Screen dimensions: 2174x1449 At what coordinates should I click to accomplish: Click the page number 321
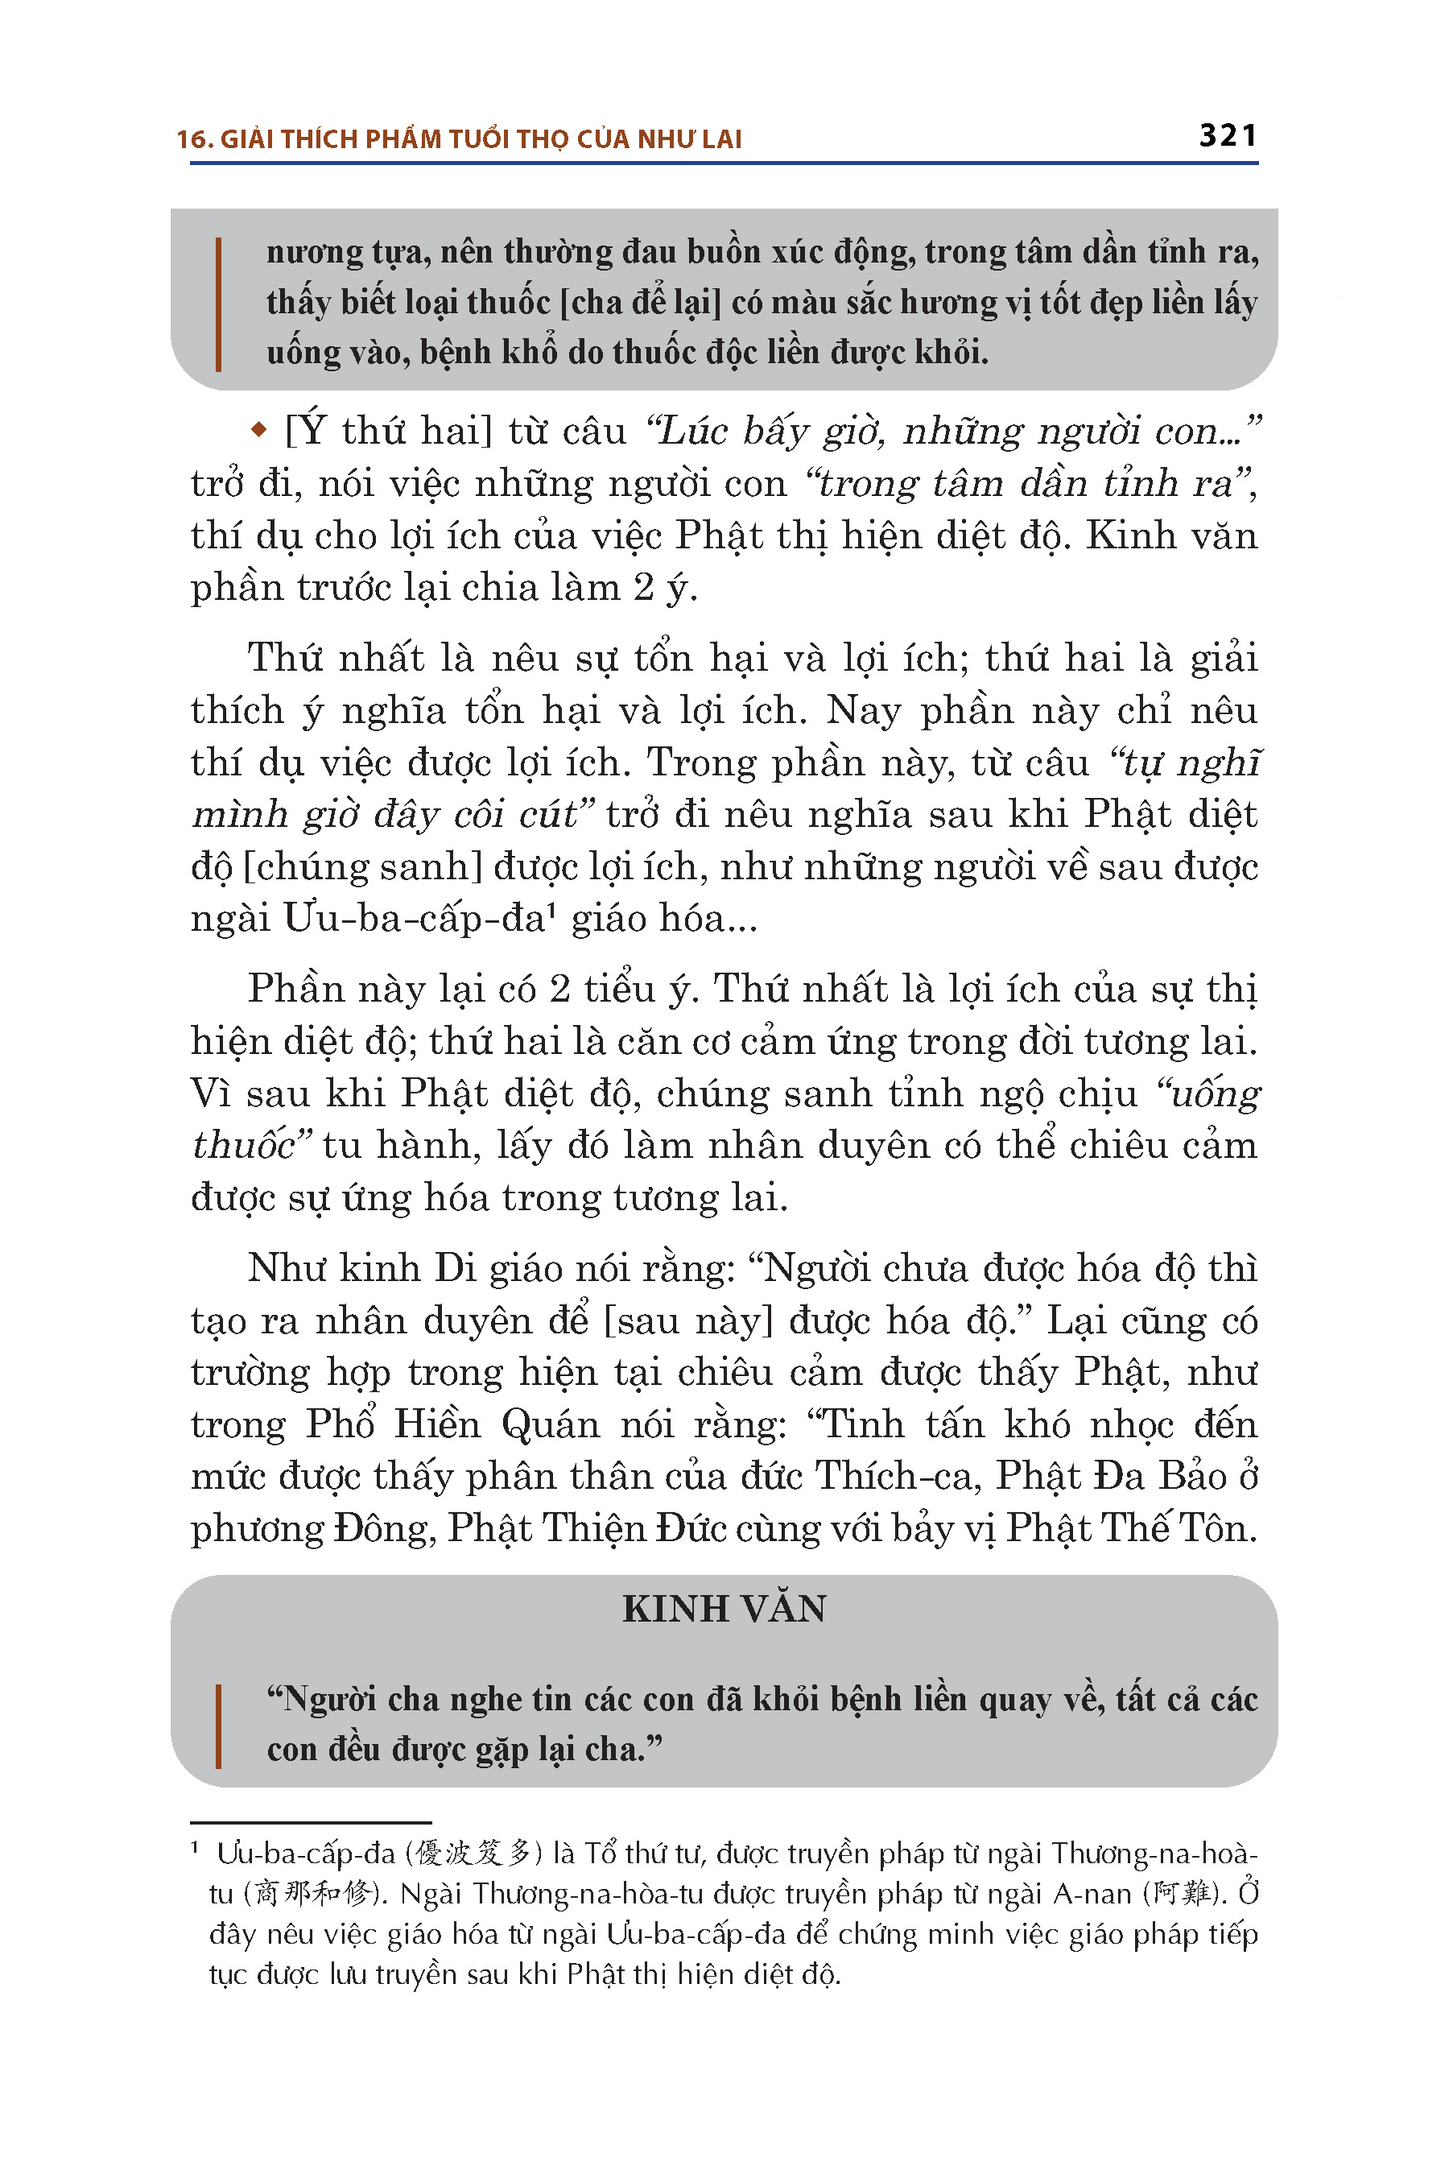click(1227, 136)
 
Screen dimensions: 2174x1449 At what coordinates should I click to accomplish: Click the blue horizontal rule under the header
click(724, 163)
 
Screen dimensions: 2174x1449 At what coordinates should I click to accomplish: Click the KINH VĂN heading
click(724, 1610)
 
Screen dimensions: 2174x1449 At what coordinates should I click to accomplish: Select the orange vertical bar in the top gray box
click(218, 304)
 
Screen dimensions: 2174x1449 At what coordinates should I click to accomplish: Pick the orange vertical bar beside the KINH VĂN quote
click(218, 1726)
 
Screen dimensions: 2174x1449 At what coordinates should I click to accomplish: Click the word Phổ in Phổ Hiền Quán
click(340, 1424)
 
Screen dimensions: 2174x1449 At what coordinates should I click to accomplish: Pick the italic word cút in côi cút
click(548, 814)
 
